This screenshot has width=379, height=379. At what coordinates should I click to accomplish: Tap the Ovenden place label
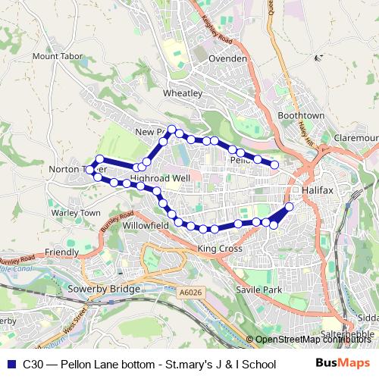(228, 58)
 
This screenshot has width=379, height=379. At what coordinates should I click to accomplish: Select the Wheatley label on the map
(183, 92)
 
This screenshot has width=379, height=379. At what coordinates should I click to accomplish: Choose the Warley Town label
(75, 213)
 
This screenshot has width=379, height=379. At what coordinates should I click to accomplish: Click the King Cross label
(219, 248)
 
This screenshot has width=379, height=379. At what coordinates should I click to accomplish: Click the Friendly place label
(61, 252)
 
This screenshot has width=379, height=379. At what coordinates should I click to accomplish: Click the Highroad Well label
(160, 178)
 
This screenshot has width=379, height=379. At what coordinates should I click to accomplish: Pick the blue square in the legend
(10, 363)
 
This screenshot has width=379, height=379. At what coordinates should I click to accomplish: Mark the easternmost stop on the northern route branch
(274, 164)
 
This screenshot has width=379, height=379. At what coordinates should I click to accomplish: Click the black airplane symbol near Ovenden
(320, 56)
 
